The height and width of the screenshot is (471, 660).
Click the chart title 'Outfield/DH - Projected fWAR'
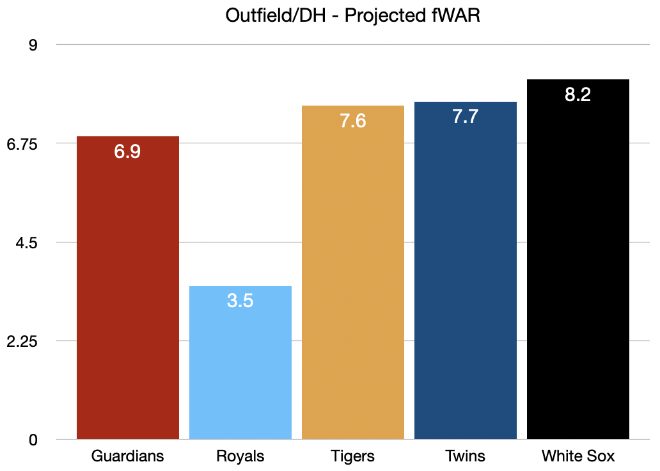[352, 15]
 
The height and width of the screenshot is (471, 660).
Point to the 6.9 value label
[127, 152]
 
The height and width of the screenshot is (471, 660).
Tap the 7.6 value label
[353, 121]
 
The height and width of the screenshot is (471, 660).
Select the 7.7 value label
[466, 117]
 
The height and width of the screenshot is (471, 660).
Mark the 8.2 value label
[578, 95]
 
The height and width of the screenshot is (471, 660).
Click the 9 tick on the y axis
[33, 45]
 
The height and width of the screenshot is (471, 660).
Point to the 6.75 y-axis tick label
[22, 144]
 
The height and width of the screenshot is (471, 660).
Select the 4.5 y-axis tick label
[27, 243]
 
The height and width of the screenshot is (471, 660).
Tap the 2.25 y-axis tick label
[22, 341]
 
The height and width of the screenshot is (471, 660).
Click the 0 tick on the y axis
[33, 440]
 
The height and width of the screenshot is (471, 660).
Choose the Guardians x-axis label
[128, 456]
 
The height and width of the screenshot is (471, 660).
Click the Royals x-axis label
[240, 456]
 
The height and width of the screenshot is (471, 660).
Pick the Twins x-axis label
[466, 456]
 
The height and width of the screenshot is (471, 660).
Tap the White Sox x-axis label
[578, 456]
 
